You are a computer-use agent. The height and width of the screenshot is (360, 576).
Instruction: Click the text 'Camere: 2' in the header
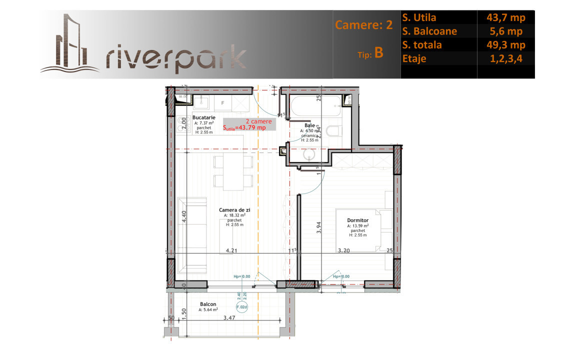click(364, 25)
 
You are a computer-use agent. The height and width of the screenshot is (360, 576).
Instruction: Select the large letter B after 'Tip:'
click(378, 53)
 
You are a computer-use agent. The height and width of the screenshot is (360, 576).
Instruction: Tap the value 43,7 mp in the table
click(505, 17)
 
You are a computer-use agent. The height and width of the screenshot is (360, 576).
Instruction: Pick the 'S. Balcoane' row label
click(429, 31)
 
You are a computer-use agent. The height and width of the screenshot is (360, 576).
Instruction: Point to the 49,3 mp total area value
click(505, 45)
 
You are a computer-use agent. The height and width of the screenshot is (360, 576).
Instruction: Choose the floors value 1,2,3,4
click(505, 58)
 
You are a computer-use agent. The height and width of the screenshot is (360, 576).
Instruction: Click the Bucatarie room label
click(204, 117)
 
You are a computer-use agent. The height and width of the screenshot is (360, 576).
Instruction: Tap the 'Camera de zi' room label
click(234, 210)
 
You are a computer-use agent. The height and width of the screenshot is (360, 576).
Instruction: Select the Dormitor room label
click(358, 220)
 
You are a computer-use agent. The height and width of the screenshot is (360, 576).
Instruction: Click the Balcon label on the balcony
click(207, 304)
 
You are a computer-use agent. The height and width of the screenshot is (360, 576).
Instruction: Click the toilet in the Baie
click(334, 132)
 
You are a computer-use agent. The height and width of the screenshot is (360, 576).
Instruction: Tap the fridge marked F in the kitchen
click(222, 103)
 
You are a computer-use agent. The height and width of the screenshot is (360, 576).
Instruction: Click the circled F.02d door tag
click(242, 307)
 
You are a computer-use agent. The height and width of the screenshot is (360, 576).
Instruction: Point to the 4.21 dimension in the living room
click(230, 250)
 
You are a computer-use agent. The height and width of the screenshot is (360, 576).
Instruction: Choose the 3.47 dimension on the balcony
click(229, 318)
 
